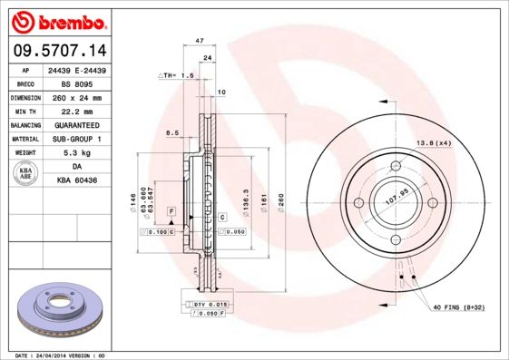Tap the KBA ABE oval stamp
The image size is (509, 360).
click(27, 174)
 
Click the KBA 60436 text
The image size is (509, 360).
click(77, 180)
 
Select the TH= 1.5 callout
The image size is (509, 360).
click(178, 75)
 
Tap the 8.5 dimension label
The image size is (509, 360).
click(171, 133)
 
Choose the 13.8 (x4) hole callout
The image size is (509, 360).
click(433, 144)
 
